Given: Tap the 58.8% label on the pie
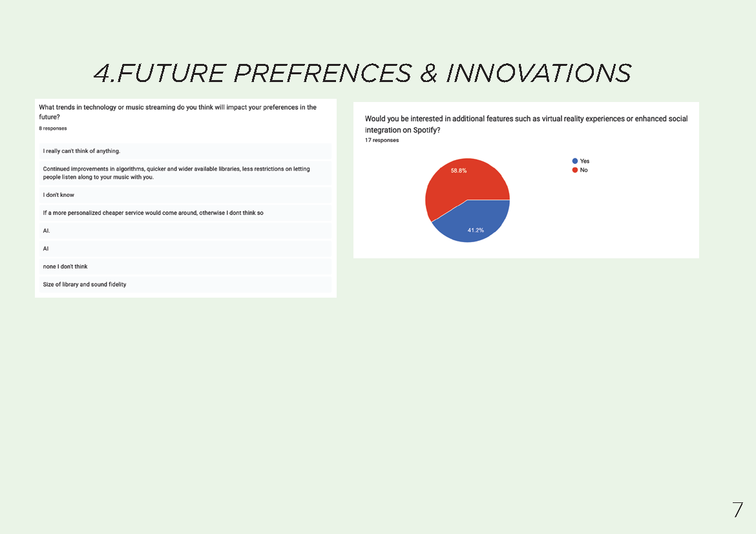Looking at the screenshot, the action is [x=459, y=170].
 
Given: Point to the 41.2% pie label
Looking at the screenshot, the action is [x=476, y=231].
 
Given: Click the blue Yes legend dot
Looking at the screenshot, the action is [x=574, y=161].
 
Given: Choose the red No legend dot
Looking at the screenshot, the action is [x=574, y=170].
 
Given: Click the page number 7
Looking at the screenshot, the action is [x=738, y=510].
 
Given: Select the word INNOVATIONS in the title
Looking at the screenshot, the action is [x=538, y=73].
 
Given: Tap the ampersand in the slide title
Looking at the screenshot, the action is [x=428, y=73].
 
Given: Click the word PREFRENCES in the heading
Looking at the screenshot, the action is [x=322, y=73].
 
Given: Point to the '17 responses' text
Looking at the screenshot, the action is [x=382, y=140].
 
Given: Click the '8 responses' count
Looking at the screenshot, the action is [x=53, y=128].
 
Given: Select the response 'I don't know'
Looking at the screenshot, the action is [x=58, y=195].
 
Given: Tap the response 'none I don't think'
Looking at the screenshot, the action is [x=65, y=267].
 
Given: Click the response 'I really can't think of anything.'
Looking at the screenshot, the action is [x=81, y=151].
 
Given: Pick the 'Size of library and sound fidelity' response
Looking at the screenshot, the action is [x=85, y=284].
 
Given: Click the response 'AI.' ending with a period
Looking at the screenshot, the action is [x=47, y=231].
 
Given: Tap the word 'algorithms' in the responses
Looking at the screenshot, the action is [x=130, y=169].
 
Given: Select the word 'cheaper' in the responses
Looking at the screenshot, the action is [x=113, y=213].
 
